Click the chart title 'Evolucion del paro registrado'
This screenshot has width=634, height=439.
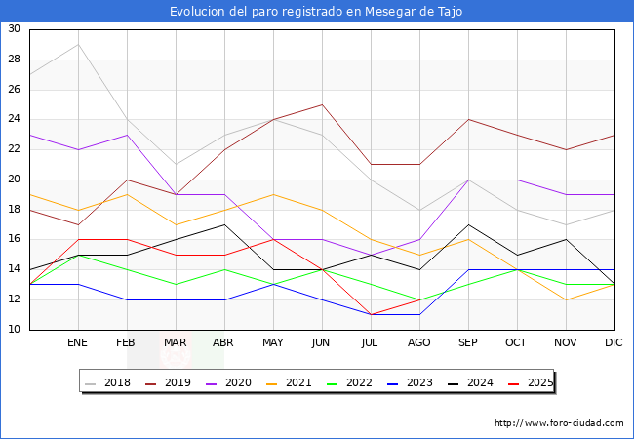click(x=316, y=12)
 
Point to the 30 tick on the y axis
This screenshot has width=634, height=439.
click(x=15, y=29)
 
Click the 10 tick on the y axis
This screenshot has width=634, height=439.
click(x=15, y=330)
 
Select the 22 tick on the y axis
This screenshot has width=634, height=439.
click(x=15, y=149)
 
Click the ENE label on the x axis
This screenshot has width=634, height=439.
click(x=78, y=343)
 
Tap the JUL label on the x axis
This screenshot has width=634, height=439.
click(x=371, y=343)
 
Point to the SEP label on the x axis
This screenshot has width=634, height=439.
click(x=468, y=343)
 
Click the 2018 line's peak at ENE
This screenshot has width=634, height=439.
click(x=78, y=44)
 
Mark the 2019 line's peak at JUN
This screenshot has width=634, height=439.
click(x=322, y=104)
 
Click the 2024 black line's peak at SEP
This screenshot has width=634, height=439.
click(x=468, y=224)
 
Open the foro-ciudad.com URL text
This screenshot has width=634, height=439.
click(x=559, y=423)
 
